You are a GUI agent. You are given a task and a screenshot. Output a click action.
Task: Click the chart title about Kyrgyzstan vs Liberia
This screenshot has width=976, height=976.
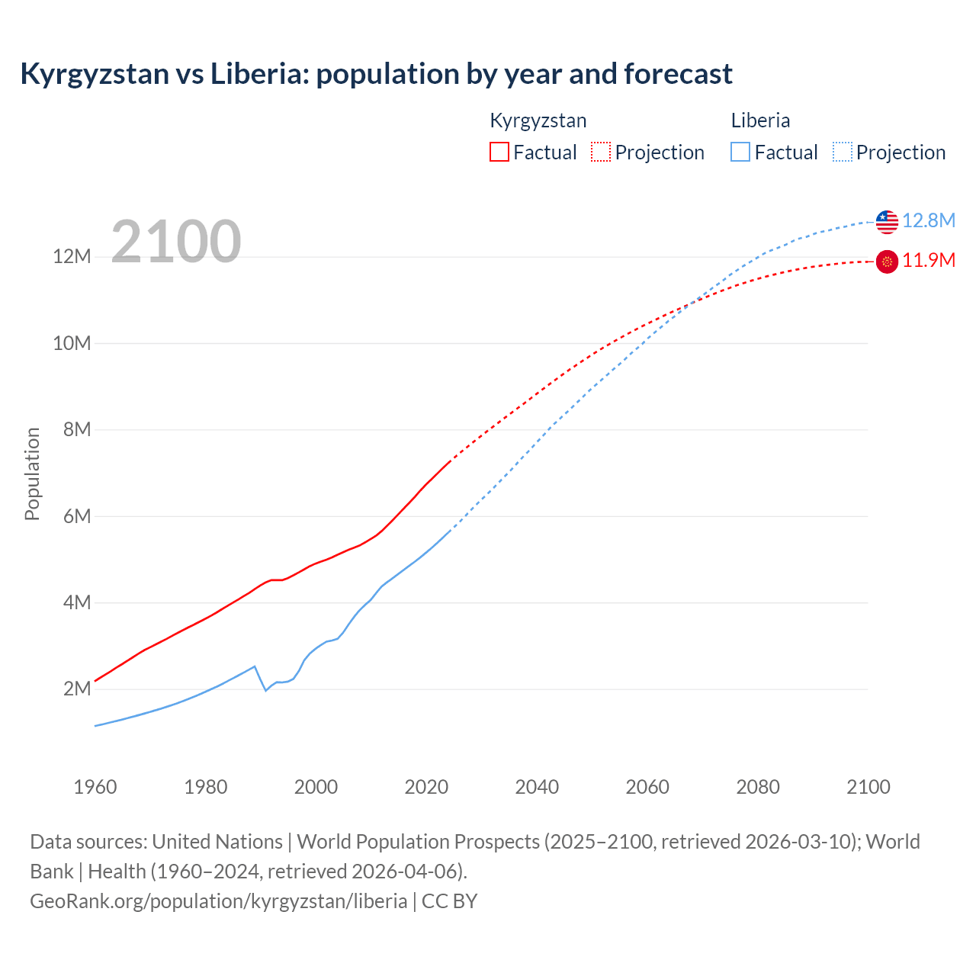(376, 74)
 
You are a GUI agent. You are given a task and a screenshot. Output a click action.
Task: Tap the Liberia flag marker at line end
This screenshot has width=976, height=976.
(887, 222)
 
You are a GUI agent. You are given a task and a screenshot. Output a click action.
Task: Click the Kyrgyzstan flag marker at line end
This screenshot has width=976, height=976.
(887, 262)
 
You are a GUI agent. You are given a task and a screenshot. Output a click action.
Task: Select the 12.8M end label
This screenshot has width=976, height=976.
(928, 220)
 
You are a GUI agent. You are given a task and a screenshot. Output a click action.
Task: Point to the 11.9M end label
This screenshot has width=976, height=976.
(928, 261)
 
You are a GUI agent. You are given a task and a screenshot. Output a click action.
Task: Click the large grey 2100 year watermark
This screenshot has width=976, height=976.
(176, 242)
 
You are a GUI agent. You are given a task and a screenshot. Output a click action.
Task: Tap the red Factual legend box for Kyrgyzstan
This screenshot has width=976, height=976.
(499, 152)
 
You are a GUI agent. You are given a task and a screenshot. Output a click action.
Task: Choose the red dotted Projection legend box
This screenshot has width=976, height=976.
(601, 152)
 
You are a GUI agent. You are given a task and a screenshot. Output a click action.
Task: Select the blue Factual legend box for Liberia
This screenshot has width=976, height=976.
(740, 152)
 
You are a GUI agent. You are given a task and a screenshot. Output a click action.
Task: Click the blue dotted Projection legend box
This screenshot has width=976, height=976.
(842, 152)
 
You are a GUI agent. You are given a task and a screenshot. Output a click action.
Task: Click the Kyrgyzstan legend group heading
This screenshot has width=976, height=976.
(538, 120)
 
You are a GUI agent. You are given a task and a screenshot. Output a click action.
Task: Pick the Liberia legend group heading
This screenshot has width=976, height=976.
(760, 120)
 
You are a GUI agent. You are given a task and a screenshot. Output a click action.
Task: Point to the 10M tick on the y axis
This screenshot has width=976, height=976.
(72, 343)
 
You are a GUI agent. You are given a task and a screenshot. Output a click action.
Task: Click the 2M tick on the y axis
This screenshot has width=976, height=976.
(77, 689)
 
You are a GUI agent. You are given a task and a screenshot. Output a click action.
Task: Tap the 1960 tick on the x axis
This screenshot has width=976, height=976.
(95, 787)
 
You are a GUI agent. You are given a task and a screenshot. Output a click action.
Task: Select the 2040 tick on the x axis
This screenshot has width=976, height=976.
(537, 787)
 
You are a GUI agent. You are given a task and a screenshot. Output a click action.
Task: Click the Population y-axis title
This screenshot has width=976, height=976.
(32, 474)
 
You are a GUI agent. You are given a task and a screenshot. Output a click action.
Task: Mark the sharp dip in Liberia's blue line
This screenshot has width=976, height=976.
(265, 690)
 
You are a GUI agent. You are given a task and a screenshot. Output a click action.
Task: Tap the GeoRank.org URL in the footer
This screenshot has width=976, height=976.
(219, 901)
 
